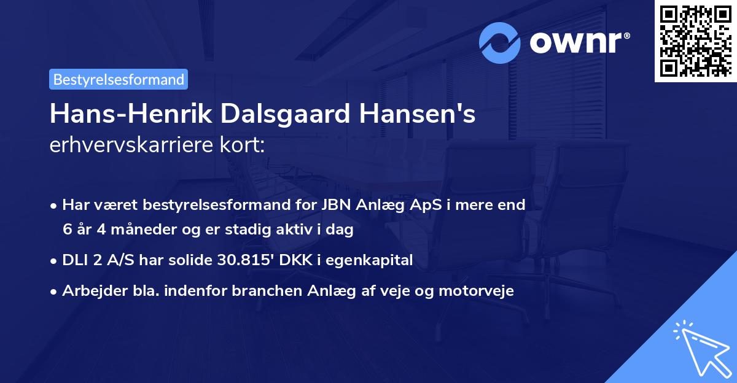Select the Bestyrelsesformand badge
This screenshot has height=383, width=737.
pos(119,79)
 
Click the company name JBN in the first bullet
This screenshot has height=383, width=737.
pos(333,205)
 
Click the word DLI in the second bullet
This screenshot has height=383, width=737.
pos(75,260)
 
